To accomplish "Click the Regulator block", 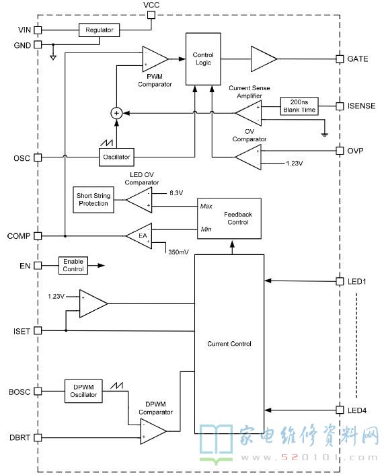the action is pyautogui.click(x=100, y=30).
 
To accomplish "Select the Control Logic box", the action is pyautogui.click(x=203, y=59).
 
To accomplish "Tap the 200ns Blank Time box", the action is pyautogui.click(x=299, y=106).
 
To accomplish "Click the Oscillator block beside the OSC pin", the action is pyautogui.click(x=116, y=157).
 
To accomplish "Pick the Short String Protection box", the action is pyautogui.click(x=93, y=200).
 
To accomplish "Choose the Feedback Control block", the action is pyautogui.click(x=229, y=219).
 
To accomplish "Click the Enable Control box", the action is pyautogui.click(x=73, y=265).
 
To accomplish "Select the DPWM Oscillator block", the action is pyautogui.click(x=83, y=391).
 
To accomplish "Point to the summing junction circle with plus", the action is pyautogui.click(x=116, y=113).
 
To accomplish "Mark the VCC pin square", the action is pyautogui.click(x=151, y=15).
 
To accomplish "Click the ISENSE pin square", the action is pyautogui.click(x=340, y=106).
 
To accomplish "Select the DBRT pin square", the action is pyautogui.click(x=38, y=438).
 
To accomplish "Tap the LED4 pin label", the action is pyautogui.click(x=357, y=410).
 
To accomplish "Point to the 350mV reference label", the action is pyautogui.click(x=179, y=252).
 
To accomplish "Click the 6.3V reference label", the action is pyautogui.click(x=176, y=193).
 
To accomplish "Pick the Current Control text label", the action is pyautogui.click(x=229, y=344).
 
